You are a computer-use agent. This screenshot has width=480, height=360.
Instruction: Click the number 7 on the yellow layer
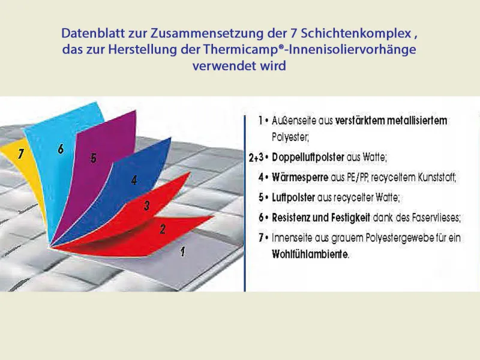tap(20, 154)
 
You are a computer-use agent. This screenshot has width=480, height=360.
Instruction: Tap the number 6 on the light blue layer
tap(61, 149)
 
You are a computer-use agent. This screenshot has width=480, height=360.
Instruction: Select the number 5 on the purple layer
tap(94, 158)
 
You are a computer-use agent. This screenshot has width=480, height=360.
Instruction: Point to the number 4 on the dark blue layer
tap(134, 180)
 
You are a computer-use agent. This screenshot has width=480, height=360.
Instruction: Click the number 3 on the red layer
tap(146, 205)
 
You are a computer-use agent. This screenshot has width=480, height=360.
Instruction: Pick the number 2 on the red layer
tap(163, 229)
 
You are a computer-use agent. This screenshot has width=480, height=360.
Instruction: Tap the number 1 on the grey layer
tap(183, 251)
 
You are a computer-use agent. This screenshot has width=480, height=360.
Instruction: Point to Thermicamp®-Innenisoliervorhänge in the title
tap(310, 50)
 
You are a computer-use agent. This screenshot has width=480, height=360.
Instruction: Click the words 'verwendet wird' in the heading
tap(239, 66)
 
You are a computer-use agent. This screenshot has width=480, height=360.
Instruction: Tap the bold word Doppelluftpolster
tap(308, 157)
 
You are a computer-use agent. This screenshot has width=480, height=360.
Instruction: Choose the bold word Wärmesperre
tap(300, 177)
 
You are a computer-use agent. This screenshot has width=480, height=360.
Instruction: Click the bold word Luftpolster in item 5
tap(293, 197)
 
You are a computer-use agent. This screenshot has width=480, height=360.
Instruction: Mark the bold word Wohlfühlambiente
tap(310, 254)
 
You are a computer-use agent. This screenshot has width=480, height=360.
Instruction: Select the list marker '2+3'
tap(256, 158)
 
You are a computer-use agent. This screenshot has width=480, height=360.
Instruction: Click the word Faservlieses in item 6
tap(436, 218)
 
